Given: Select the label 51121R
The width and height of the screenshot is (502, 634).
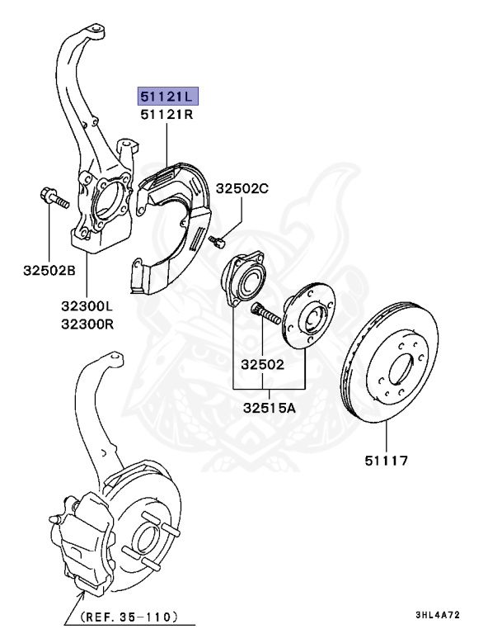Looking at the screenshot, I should [x=167, y=115].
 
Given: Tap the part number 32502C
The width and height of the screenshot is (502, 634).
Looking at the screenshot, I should [x=242, y=189].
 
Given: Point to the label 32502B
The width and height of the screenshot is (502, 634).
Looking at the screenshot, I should [x=49, y=270].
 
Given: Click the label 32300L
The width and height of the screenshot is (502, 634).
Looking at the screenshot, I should [x=86, y=306].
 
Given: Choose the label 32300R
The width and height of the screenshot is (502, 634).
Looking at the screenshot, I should [x=86, y=324].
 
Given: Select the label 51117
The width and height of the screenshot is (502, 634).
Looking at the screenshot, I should [x=387, y=461].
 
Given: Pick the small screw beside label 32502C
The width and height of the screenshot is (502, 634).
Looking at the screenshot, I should [x=217, y=241].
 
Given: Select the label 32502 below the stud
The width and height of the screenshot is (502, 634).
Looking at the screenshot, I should [x=262, y=363].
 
